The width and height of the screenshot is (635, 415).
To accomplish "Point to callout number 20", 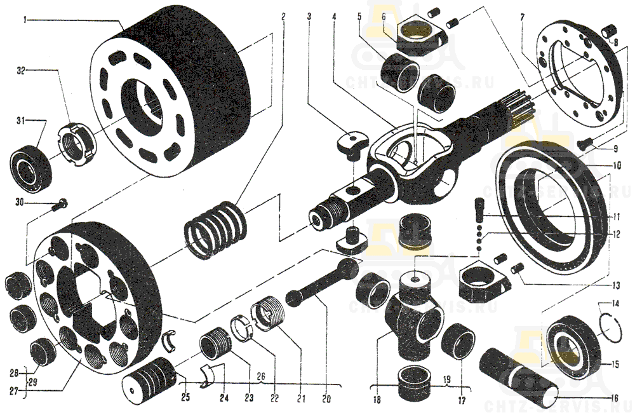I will point(326,399).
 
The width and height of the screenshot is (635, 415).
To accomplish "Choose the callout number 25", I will point(185,399).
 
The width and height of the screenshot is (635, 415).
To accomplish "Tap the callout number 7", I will point(522,17).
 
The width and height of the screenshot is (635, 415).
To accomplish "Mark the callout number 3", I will point(309,17).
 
